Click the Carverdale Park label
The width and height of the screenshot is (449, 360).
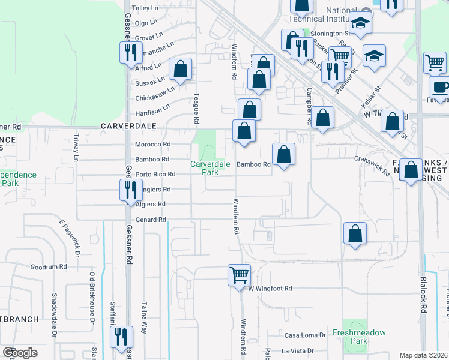pyautogui.click(x=204, y=167)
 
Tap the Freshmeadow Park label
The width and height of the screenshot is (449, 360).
pyautogui.click(x=358, y=337)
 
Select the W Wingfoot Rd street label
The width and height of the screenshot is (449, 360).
pyautogui.click(x=271, y=289)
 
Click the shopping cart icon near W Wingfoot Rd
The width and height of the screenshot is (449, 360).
pyautogui.click(x=239, y=275)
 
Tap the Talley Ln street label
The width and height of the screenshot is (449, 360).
pyautogui.click(x=145, y=8)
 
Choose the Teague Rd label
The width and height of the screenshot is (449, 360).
pyautogui.click(x=196, y=109)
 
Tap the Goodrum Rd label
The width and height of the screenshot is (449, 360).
pyautogui.click(x=48, y=266)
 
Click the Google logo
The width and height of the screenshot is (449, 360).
pyautogui.click(x=20, y=353)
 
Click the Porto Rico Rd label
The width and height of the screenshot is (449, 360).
pyautogui.click(x=155, y=175)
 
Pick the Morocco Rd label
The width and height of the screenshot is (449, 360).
pyautogui.click(x=153, y=145)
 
